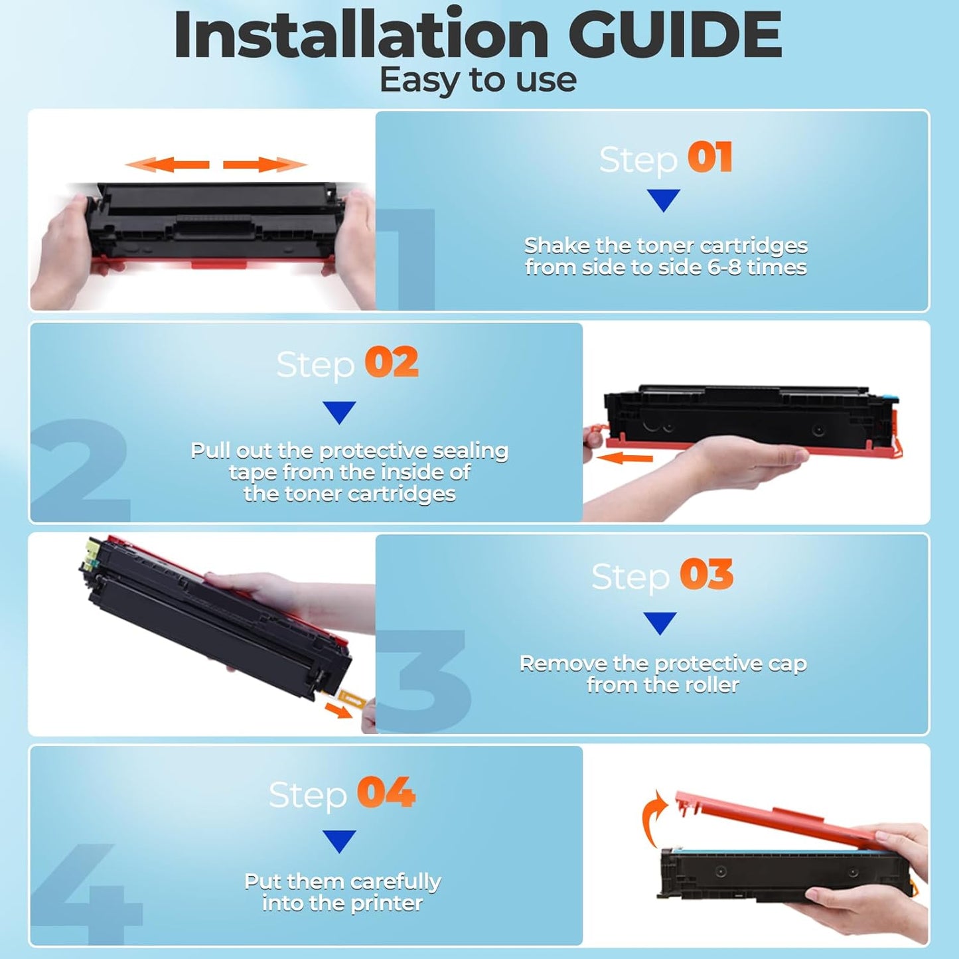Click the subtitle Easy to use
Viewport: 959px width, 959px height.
click(478, 80)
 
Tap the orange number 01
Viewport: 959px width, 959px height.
click(709, 158)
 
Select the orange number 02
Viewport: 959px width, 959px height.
click(392, 362)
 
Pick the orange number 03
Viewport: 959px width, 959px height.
click(707, 575)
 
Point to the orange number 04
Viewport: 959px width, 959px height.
click(386, 792)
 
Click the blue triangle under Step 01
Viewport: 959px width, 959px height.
click(663, 200)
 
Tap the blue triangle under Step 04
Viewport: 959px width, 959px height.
click(339, 840)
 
